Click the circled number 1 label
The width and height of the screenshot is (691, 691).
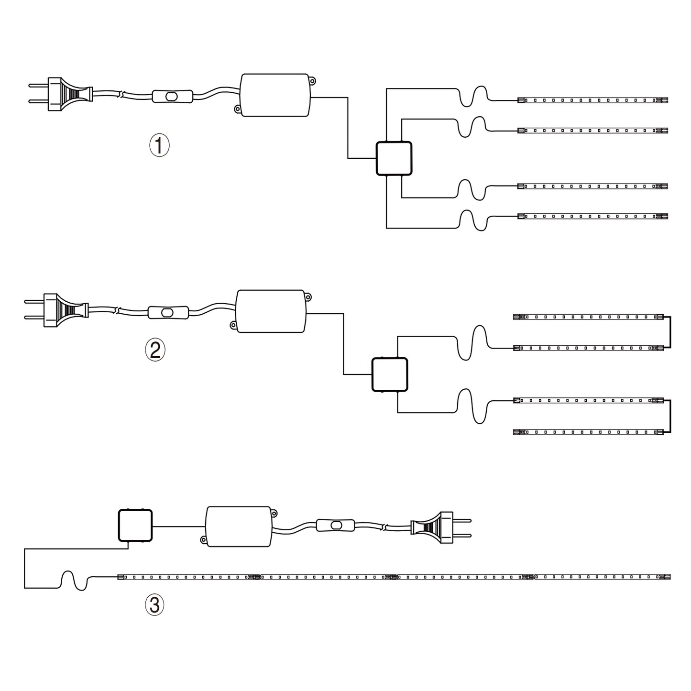159,145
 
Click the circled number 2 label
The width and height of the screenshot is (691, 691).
155,350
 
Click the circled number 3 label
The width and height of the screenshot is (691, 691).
154,605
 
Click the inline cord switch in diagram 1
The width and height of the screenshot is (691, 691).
173,97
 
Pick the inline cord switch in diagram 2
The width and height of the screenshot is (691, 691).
168,312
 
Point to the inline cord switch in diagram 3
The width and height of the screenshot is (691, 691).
336,526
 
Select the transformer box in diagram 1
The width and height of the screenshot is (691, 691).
275,95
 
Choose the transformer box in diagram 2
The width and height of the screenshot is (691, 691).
271,311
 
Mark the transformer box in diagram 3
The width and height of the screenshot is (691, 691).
239,526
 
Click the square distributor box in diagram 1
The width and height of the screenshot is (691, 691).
394,158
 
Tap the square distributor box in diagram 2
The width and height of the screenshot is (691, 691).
390,374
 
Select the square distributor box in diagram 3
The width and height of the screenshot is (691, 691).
135,526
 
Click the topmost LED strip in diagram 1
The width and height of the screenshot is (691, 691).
592,100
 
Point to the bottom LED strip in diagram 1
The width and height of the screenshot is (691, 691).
592,216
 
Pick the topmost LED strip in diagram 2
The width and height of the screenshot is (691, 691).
589,317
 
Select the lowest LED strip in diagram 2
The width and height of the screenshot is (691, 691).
589,432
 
